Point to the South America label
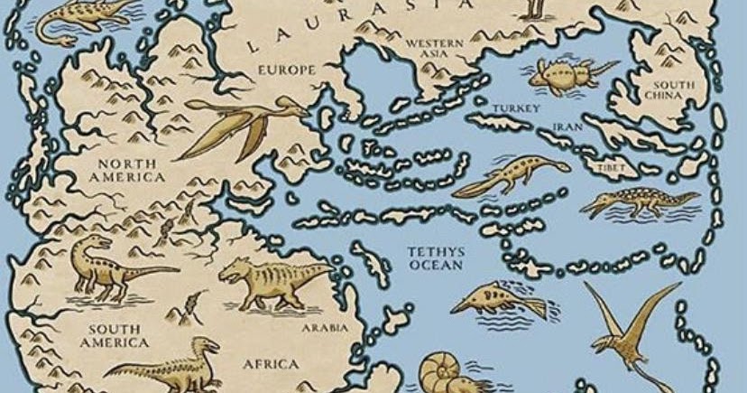pos(114,336)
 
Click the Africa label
pos(271,363)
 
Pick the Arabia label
pos(325,329)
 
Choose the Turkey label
pos(516,109)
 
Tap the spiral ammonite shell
pos(446,370)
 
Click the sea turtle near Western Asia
pos(564,74)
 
